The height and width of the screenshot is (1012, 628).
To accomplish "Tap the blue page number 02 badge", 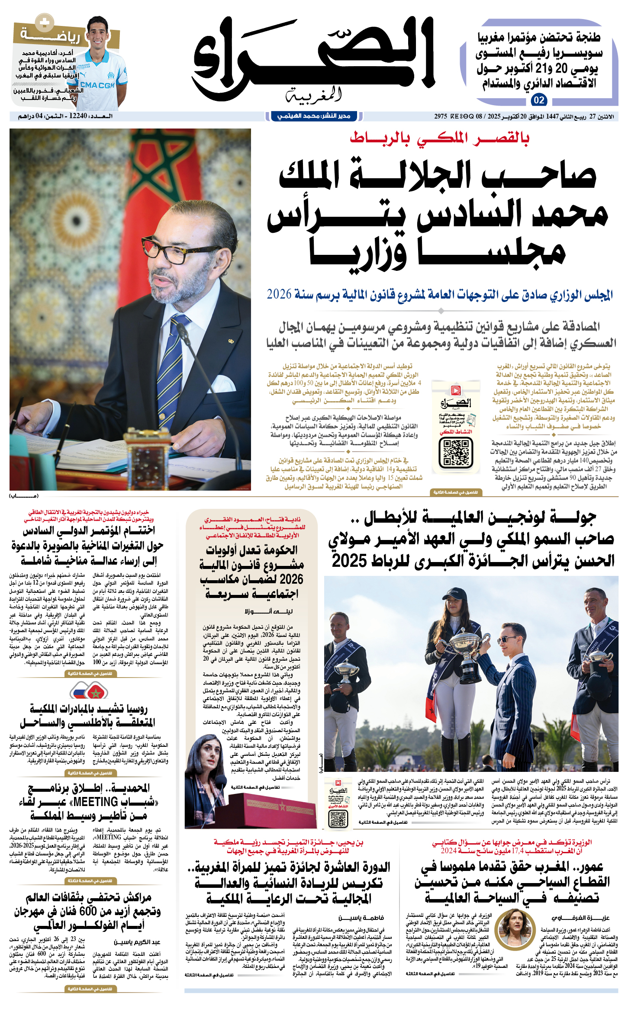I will pyautogui.click(x=539, y=100).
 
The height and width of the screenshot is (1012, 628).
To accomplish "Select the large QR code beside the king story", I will pyautogui.click(x=456, y=453).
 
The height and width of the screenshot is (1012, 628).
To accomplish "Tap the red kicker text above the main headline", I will pyautogui.click(x=439, y=138).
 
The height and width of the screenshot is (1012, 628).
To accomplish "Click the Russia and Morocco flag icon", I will pyautogui.click(x=89, y=691).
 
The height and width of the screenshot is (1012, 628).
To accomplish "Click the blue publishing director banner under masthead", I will pyautogui.click(x=314, y=116).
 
